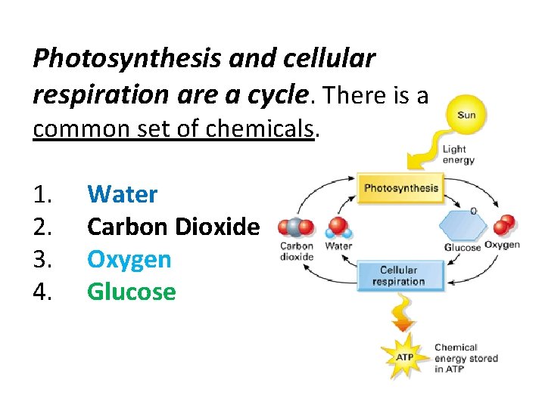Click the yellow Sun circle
[x=467, y=116]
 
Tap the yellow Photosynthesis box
[x=400, y=188]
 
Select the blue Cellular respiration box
[x=398, y=276]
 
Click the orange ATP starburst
[x=406, y=356]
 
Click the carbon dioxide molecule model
[x=296, y=227]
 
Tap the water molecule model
[x=338, y=227]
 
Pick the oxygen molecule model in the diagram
[x=504, y=224]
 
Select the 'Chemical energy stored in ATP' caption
[x=466, y=358]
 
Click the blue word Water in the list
[x=123, y=194]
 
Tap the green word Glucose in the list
[x=132, y=292]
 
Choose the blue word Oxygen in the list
[x=129, y=259]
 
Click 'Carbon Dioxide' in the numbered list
[x=173, y=227]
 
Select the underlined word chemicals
[x=258, y=128]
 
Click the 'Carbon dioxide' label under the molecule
[x=297, y=250]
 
